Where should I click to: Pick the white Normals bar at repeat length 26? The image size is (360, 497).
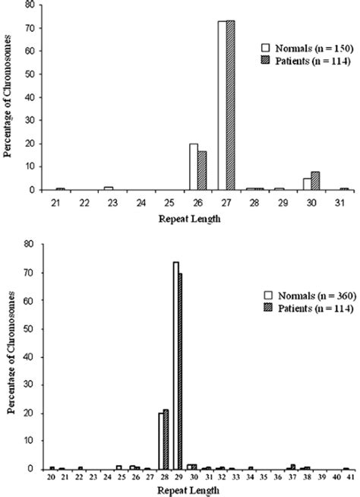point(194,166)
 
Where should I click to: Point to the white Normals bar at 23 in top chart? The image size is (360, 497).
point(108,188)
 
